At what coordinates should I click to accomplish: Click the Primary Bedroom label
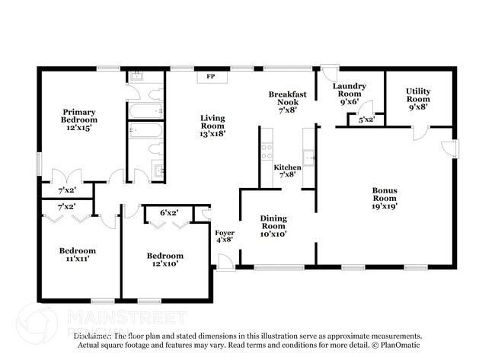point(79,120)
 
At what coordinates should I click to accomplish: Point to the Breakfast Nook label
point(288,101)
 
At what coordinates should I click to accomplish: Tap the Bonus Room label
point(385,197)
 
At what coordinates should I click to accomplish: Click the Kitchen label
point(287,170)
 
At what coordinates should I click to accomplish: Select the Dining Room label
point(273,226)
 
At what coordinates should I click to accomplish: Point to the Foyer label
point(225,235)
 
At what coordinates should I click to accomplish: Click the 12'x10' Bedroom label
point(165,260)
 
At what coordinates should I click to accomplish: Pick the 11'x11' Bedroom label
point(78,255)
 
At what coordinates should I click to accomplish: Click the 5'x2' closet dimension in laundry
point(366,119)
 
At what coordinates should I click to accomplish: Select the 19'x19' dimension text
point(385,205)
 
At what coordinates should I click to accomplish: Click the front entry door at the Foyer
point(225,263)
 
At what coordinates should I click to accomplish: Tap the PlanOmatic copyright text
point(396,345)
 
